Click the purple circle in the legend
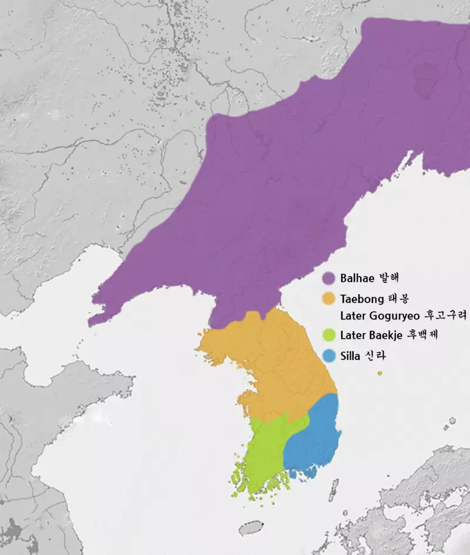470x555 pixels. tap(330, 278)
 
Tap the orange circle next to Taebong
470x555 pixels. tap(330, 298)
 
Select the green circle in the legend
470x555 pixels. tap(330, 335)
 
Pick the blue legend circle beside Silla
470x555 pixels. tap(330, 355)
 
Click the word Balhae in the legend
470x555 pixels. tap(356, 278)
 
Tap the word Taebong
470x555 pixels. tap(361, 298)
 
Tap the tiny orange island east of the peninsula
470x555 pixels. tap(381, 372)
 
